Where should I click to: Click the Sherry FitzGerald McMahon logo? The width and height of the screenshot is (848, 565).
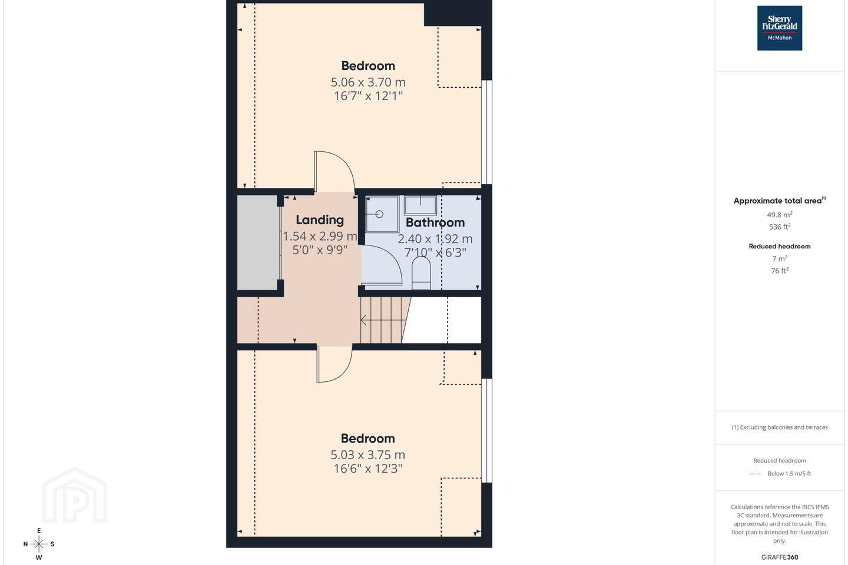pos(780,28)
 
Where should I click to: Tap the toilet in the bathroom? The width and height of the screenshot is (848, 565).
pos(420,273)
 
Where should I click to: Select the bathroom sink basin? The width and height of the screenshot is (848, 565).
pos(420,205)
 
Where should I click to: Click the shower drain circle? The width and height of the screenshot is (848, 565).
pos(379,214)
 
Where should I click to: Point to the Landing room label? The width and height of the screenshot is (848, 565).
pos(320,220)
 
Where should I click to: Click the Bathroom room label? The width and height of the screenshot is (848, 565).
pos(435,222)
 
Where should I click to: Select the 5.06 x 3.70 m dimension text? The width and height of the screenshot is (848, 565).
pos(368,82)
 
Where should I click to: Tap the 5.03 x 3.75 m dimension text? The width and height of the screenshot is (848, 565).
pos(367,454)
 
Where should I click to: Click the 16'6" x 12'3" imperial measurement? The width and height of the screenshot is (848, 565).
pos(367,468)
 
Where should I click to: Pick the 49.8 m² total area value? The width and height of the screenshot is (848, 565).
pos(780,215)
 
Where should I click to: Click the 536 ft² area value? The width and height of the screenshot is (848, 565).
pos(780,227)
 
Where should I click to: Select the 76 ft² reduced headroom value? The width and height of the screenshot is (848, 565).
pos(780,271)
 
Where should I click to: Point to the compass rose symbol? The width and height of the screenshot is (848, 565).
pos(39,544)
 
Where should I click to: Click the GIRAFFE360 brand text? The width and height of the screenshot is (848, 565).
pos(780,557)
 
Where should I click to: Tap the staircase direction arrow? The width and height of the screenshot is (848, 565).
pos(383,320)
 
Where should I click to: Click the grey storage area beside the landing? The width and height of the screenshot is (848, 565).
pos(257,242)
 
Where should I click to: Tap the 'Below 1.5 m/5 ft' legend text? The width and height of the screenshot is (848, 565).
pos(789,473)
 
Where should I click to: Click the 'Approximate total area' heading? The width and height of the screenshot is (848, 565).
pos(777,201)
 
